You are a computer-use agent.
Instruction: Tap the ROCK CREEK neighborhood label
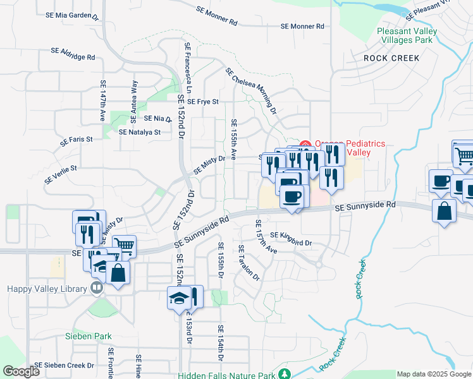(x=391, y=58)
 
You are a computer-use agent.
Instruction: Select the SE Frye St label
(x=199, y=101)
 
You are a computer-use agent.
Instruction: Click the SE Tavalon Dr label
(x=249, y=263)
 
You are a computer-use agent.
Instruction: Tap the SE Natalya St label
(x=140, y=133)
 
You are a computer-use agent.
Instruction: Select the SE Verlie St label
(x=60, y=175)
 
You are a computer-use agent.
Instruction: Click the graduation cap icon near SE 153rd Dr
(x=179, y=297)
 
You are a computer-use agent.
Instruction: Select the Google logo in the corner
(x=21, y=371)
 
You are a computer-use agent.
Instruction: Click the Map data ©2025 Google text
(x=434, y=375)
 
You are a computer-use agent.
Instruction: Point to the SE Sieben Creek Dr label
(x=64, y=365)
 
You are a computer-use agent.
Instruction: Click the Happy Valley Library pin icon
(x=96, y=289)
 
